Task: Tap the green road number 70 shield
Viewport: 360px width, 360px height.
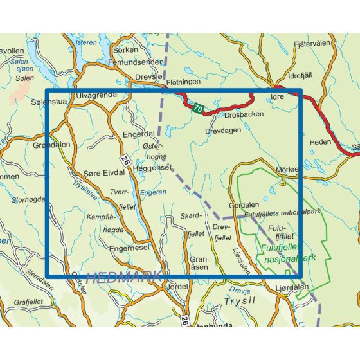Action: (197, 109)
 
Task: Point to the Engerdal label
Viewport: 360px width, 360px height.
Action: (139, 135)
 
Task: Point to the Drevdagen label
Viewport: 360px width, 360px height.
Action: (222, 130)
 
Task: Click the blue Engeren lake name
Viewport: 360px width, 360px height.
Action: (153, 191)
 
